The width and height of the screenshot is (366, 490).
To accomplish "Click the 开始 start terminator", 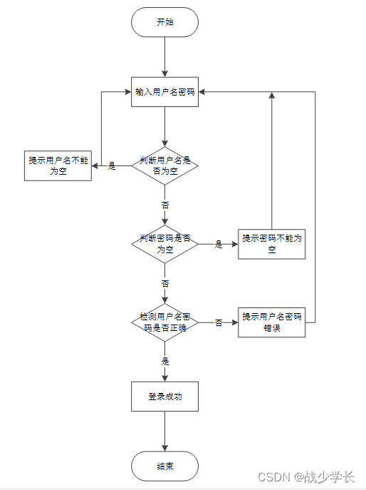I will tap(164, 22).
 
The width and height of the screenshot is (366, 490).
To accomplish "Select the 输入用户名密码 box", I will tap(164, 92).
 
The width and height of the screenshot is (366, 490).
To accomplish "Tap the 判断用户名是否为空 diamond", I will tap(164, 165).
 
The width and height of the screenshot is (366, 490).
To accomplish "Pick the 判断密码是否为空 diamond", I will tap(164, 243).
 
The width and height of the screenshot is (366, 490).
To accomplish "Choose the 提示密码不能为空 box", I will tap(271, 243).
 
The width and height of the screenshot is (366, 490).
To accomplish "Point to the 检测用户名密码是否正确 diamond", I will tap(164, 322).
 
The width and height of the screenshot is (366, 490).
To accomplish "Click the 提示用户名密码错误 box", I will tap(271, 322).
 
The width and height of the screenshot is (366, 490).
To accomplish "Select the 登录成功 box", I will tap(164, 397).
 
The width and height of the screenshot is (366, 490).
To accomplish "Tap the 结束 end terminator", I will tap(164, 466).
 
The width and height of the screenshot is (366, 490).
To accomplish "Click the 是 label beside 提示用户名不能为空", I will tap(112, 166).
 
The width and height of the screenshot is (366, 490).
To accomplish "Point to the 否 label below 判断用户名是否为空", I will tap(165, 204).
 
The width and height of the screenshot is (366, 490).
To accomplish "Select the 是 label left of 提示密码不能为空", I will tap(219, 244).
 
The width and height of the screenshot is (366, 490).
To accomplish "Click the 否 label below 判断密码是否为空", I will tap(165, 283).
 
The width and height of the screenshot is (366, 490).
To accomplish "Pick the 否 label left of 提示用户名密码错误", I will tap(219, 322).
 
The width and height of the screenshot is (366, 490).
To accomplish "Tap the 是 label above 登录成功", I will tap(165, 361).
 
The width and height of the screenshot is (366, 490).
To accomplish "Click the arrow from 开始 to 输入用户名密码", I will tap(164, 56).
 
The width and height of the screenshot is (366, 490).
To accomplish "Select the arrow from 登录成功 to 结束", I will tap(164, 431).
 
